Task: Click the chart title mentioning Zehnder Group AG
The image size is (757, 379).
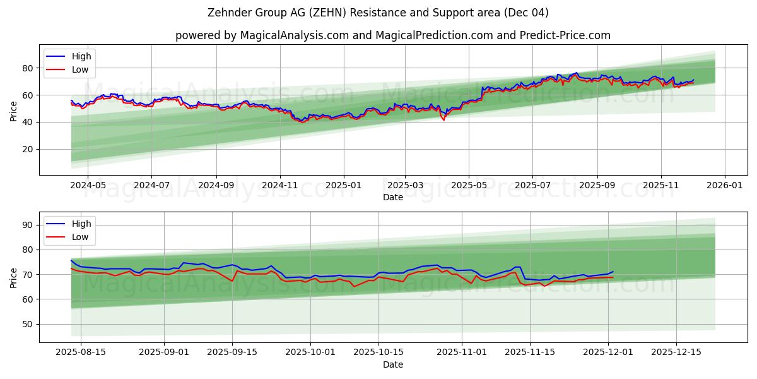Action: pyautogui.click(x=378, y=13)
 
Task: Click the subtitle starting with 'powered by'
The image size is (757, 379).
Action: pyautogui.click(x=392, y=35)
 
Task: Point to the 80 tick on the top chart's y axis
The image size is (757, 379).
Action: pyautogui.click(x=28, y=68)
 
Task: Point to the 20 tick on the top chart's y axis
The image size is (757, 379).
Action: pyautogui.click(x=28, y=149)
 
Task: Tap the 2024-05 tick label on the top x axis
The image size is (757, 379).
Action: pyautogui.click(x=87, y=186)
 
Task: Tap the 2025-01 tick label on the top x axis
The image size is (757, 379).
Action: pyautogui.click(x=344, y=186)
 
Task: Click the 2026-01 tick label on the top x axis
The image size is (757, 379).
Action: pyautogui.click(x=724, y=186)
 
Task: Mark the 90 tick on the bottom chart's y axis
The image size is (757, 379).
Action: pyautogui.click(x=28, y=225)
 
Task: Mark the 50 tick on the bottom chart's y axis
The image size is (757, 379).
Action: pyautogui.click(x=28, y=324)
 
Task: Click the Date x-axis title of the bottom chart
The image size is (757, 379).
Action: pyautogui.click(x=392, y=364)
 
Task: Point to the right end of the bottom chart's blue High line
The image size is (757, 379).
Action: pyautogui.click(x=613, y=272)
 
